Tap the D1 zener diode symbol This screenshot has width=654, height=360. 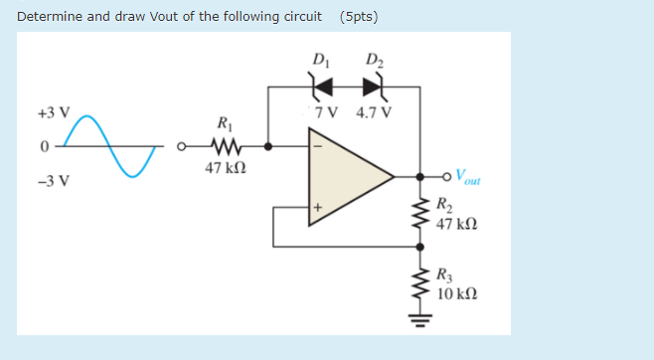[322, 87]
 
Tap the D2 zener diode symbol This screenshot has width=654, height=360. [373, 87]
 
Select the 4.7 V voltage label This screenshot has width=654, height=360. [373, 110]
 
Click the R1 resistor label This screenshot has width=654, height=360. [224, 124]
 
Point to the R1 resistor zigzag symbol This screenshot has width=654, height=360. [224, 146]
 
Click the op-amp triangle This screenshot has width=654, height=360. [348, 177]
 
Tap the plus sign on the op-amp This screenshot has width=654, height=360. [319, 209]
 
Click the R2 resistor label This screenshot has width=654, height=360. [445, 207]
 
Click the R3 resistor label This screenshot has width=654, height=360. [445, 279]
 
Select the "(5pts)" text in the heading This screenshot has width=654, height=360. [358, 17]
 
